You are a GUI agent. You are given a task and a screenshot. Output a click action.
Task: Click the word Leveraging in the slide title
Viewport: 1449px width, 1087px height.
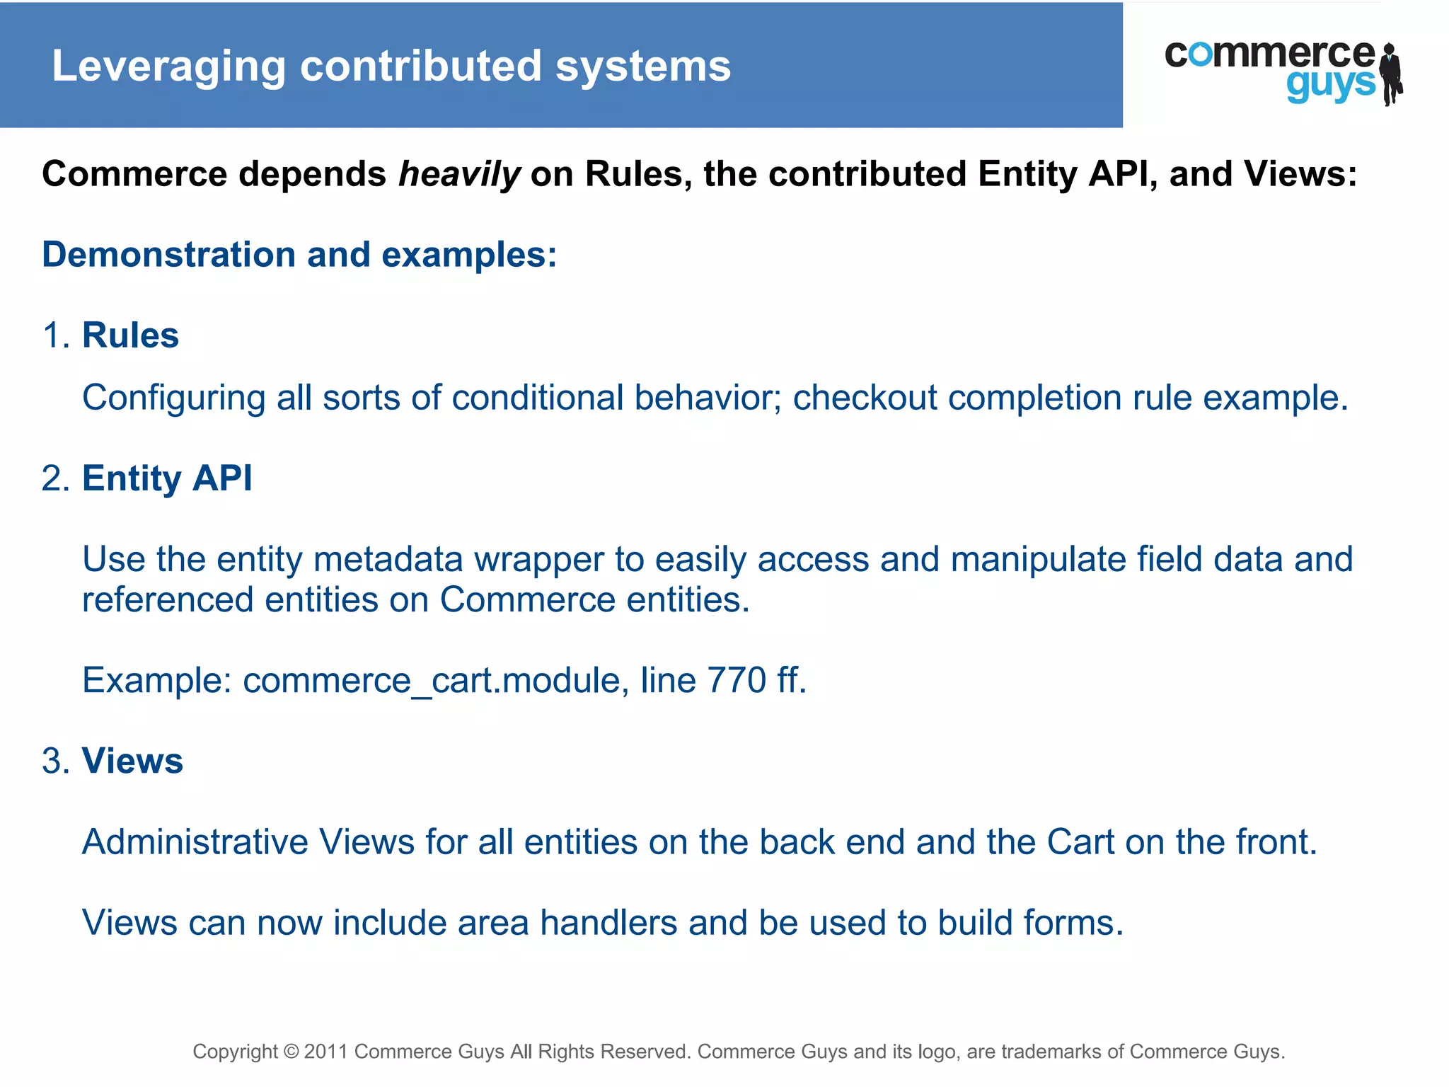coord(168,67)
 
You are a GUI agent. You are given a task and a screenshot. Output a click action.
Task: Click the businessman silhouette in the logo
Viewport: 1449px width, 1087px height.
coord(1391,74)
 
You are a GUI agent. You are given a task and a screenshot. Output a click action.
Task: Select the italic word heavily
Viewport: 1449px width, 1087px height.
coord(459,175)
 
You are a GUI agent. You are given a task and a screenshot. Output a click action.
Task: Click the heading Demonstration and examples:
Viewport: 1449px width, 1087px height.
coord(299,255)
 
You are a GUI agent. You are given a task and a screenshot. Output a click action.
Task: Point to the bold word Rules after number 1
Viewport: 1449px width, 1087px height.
coord(130,335)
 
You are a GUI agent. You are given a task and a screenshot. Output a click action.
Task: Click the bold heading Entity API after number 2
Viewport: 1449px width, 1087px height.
coord(167,478)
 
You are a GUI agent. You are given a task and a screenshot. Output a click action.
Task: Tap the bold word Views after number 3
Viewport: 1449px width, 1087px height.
coord(132,761)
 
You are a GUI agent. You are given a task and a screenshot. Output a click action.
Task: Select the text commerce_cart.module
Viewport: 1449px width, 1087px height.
coord(432,681)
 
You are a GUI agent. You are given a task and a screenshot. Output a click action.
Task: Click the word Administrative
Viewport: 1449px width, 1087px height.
coord(195,842)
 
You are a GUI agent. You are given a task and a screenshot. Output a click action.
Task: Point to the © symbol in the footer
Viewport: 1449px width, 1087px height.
coord(291,1052)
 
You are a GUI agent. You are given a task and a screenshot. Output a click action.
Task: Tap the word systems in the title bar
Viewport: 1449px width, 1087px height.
coord(642,67)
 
